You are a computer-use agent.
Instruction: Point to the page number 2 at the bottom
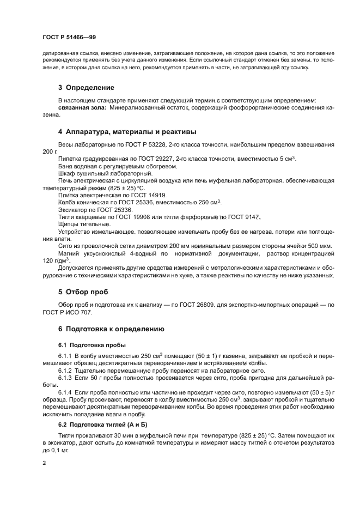[44, 462]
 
